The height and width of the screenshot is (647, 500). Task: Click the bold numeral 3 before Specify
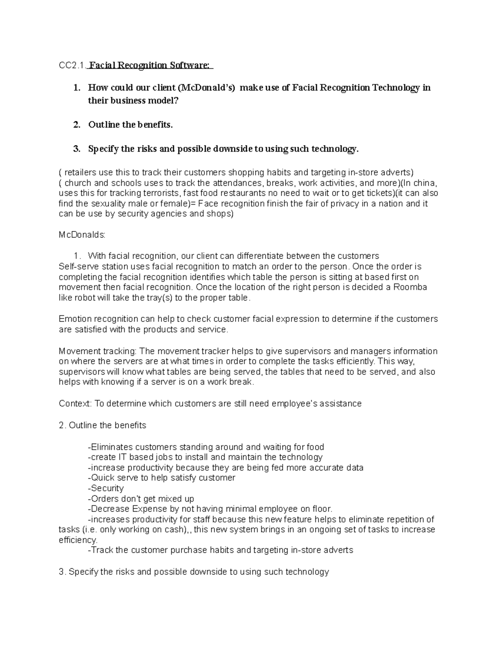[x=76, y=149]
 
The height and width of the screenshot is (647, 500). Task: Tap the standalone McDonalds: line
[x=82, y=235]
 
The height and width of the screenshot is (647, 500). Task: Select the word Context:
[x=75, y=404]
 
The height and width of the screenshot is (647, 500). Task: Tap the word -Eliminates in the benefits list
[x=110, y=447]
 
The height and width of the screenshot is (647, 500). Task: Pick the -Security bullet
[x=106, y=488]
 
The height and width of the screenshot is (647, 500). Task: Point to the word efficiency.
[x=78, y=540]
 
